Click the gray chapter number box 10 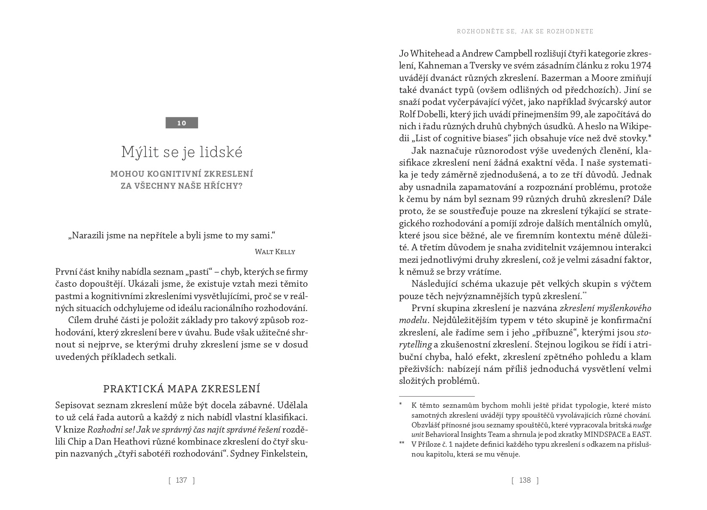(x=182, y=123)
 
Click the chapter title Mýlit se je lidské (x=182, y=152)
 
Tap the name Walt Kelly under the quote (x=275, y=252)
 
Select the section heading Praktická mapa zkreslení (x=182, y=389)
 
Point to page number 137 (x=182, y=480)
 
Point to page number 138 (x=525, y=480)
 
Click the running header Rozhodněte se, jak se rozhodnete (x=525, y=31)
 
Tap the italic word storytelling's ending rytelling (x=415, y=344)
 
